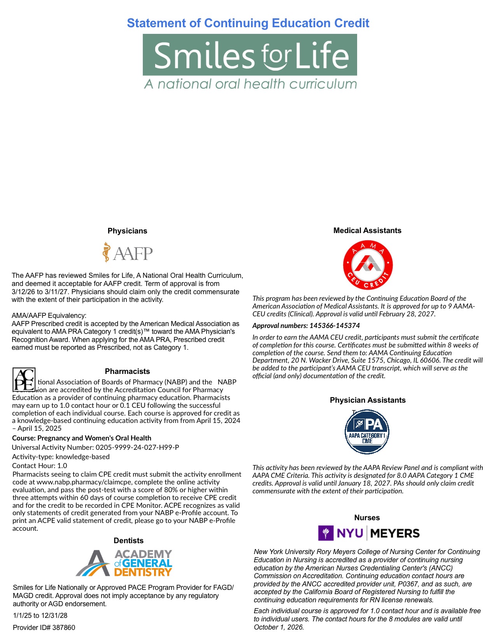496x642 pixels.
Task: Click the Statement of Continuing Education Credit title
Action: tap(248, 23)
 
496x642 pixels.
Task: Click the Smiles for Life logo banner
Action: tap(250, 55)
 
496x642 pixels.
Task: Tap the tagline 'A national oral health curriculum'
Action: tap(250, 84)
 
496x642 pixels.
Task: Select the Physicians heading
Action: tap(127, 231)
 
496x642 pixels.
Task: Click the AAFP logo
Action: tap(128, 253)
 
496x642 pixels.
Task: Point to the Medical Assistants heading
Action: tap(367, 230)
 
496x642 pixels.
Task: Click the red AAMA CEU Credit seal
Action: tap(368, 265)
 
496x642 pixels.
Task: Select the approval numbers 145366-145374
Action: tap(306, 326)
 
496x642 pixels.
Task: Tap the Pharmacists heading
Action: tap(127, 371)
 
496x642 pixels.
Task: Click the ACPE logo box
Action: tap(24, 379)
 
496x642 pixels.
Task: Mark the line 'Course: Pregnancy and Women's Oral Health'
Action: tap(82, 438)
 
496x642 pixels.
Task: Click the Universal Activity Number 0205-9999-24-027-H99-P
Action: tap(96, 447)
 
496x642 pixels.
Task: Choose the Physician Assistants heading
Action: tap(368, 400)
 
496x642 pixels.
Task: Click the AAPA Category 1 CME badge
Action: tap(367, 432)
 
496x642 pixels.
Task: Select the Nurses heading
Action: tap(367, 517)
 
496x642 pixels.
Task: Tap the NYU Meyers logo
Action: tap(369, 533)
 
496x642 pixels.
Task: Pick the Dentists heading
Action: tap(128, 540)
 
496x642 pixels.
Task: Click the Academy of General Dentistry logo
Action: tap(124, 563)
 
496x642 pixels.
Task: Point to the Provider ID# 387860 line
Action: tap(44, 627)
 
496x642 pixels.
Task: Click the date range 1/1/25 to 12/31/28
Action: tap(40, 615)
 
